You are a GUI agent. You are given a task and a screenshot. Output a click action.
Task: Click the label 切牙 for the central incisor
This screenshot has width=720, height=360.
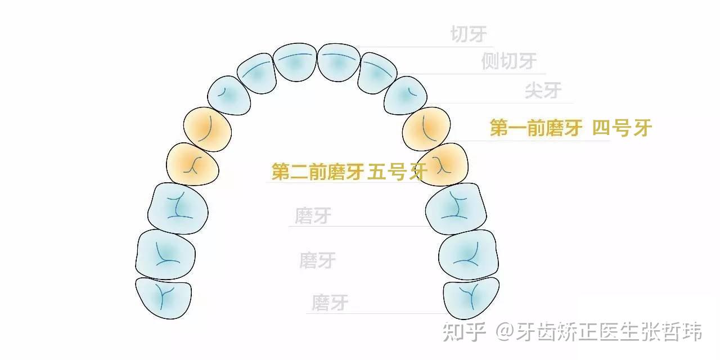[469, 35]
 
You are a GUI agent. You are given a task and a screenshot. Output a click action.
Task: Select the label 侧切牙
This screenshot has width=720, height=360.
[508, 61]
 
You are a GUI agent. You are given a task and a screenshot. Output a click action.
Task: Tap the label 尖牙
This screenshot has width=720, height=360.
[543, 90]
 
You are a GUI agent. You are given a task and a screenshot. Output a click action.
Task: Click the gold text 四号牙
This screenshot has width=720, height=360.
[622, 128]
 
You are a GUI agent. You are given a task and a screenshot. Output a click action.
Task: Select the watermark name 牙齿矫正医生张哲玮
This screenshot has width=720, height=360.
[608, 332]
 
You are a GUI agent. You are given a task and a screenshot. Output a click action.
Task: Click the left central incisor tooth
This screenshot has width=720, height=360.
[295, 63]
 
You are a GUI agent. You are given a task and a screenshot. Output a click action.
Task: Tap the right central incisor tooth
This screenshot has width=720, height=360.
[339, 63]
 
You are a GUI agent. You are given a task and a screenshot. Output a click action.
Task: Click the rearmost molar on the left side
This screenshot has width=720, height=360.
[163, 297]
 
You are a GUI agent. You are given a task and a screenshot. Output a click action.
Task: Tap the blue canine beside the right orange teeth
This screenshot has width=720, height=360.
[408, 94]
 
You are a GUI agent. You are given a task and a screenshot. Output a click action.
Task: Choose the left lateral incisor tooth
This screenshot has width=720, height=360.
[256, 73]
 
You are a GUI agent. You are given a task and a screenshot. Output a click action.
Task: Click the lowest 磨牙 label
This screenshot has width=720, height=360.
[330, 303]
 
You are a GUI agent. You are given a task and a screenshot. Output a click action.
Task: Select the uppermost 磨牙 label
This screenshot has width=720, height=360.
[313, 216]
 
